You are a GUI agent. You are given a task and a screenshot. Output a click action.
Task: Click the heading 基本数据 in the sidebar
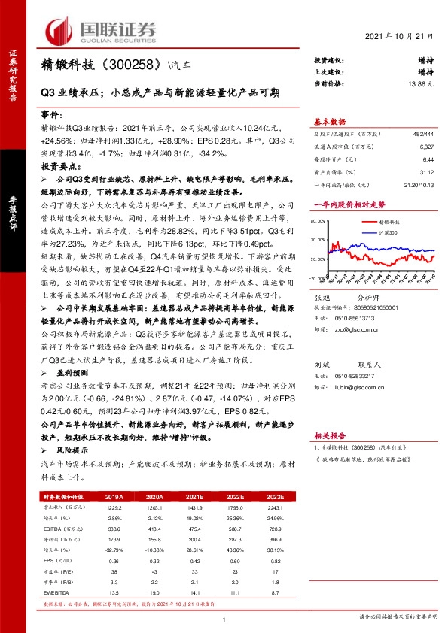point(329,121)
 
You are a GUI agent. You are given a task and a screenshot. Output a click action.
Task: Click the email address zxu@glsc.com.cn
point(364,329)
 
